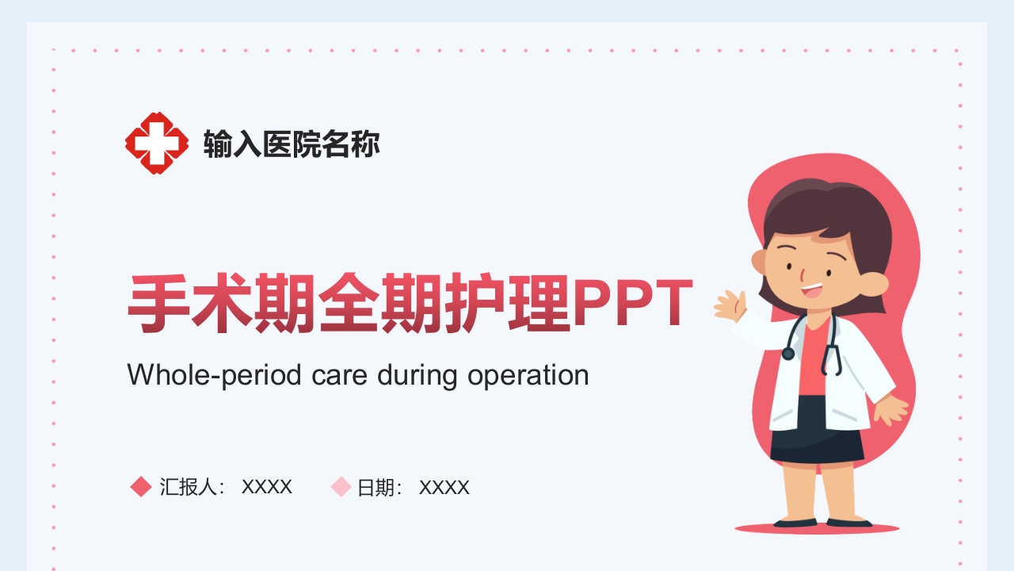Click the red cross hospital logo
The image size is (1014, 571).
pyautogui.click(x=157, y=144)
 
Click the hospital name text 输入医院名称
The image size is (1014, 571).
pyautogui.click(x=292, y=144)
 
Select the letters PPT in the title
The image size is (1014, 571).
pyautogui.click(x=634, y=303)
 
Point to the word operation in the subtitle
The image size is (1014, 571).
pyautogui.click(x=528, y=376)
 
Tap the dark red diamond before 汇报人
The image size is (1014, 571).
pyautogui.click(x=141, y=486)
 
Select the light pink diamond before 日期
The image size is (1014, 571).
pyautogui.click(x=341, y=486)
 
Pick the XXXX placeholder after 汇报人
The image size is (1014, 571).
pyautogui.click(x=267, y=487)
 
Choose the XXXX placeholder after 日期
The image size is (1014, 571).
pyautogui.click(x=444, y=488)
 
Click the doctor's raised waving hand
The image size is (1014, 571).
pyautogui.click(x=730, y=305)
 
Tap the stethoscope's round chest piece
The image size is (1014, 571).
pyautogui.click(x=788, y=354)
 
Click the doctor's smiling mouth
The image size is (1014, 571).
pyautogui.click(x=811, y=290)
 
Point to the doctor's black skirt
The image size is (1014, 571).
pyautogui.click(x=818, y=431)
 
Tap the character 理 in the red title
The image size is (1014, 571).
pyautogui.click(x=539, y=303)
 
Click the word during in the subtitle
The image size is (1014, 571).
pyautogui.click(x=417, y=376)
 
